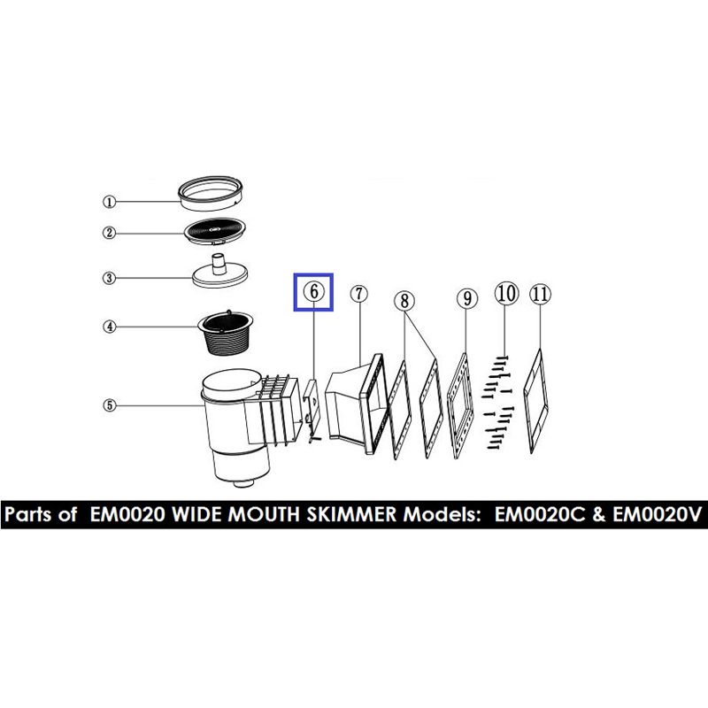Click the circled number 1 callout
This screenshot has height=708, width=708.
(x=109, y=202)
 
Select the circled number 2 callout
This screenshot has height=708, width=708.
(x=109, y=233)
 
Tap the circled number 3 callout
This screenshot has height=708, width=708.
(x=109, y=278)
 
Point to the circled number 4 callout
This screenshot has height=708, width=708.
(x=110, y=327)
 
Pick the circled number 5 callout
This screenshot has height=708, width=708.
(x=110, y=405)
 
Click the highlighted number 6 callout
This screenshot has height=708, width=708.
(x=314, y=292)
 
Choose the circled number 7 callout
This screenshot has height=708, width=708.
(x=359, y=294)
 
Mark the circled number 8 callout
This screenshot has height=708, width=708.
(x=404, y=301)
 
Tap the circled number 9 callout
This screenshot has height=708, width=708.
(x=467, y=298)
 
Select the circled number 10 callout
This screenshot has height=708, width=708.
(x=506, y=293)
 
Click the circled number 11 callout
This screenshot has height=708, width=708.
(x=541, y=295)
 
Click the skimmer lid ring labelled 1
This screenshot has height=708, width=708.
(x=211, y=193)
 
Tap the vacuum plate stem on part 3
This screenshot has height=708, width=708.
(x=219, y=264)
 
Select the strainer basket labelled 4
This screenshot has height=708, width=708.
(x=227, y=333)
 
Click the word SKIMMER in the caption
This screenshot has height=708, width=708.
(x=351, y=514)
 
